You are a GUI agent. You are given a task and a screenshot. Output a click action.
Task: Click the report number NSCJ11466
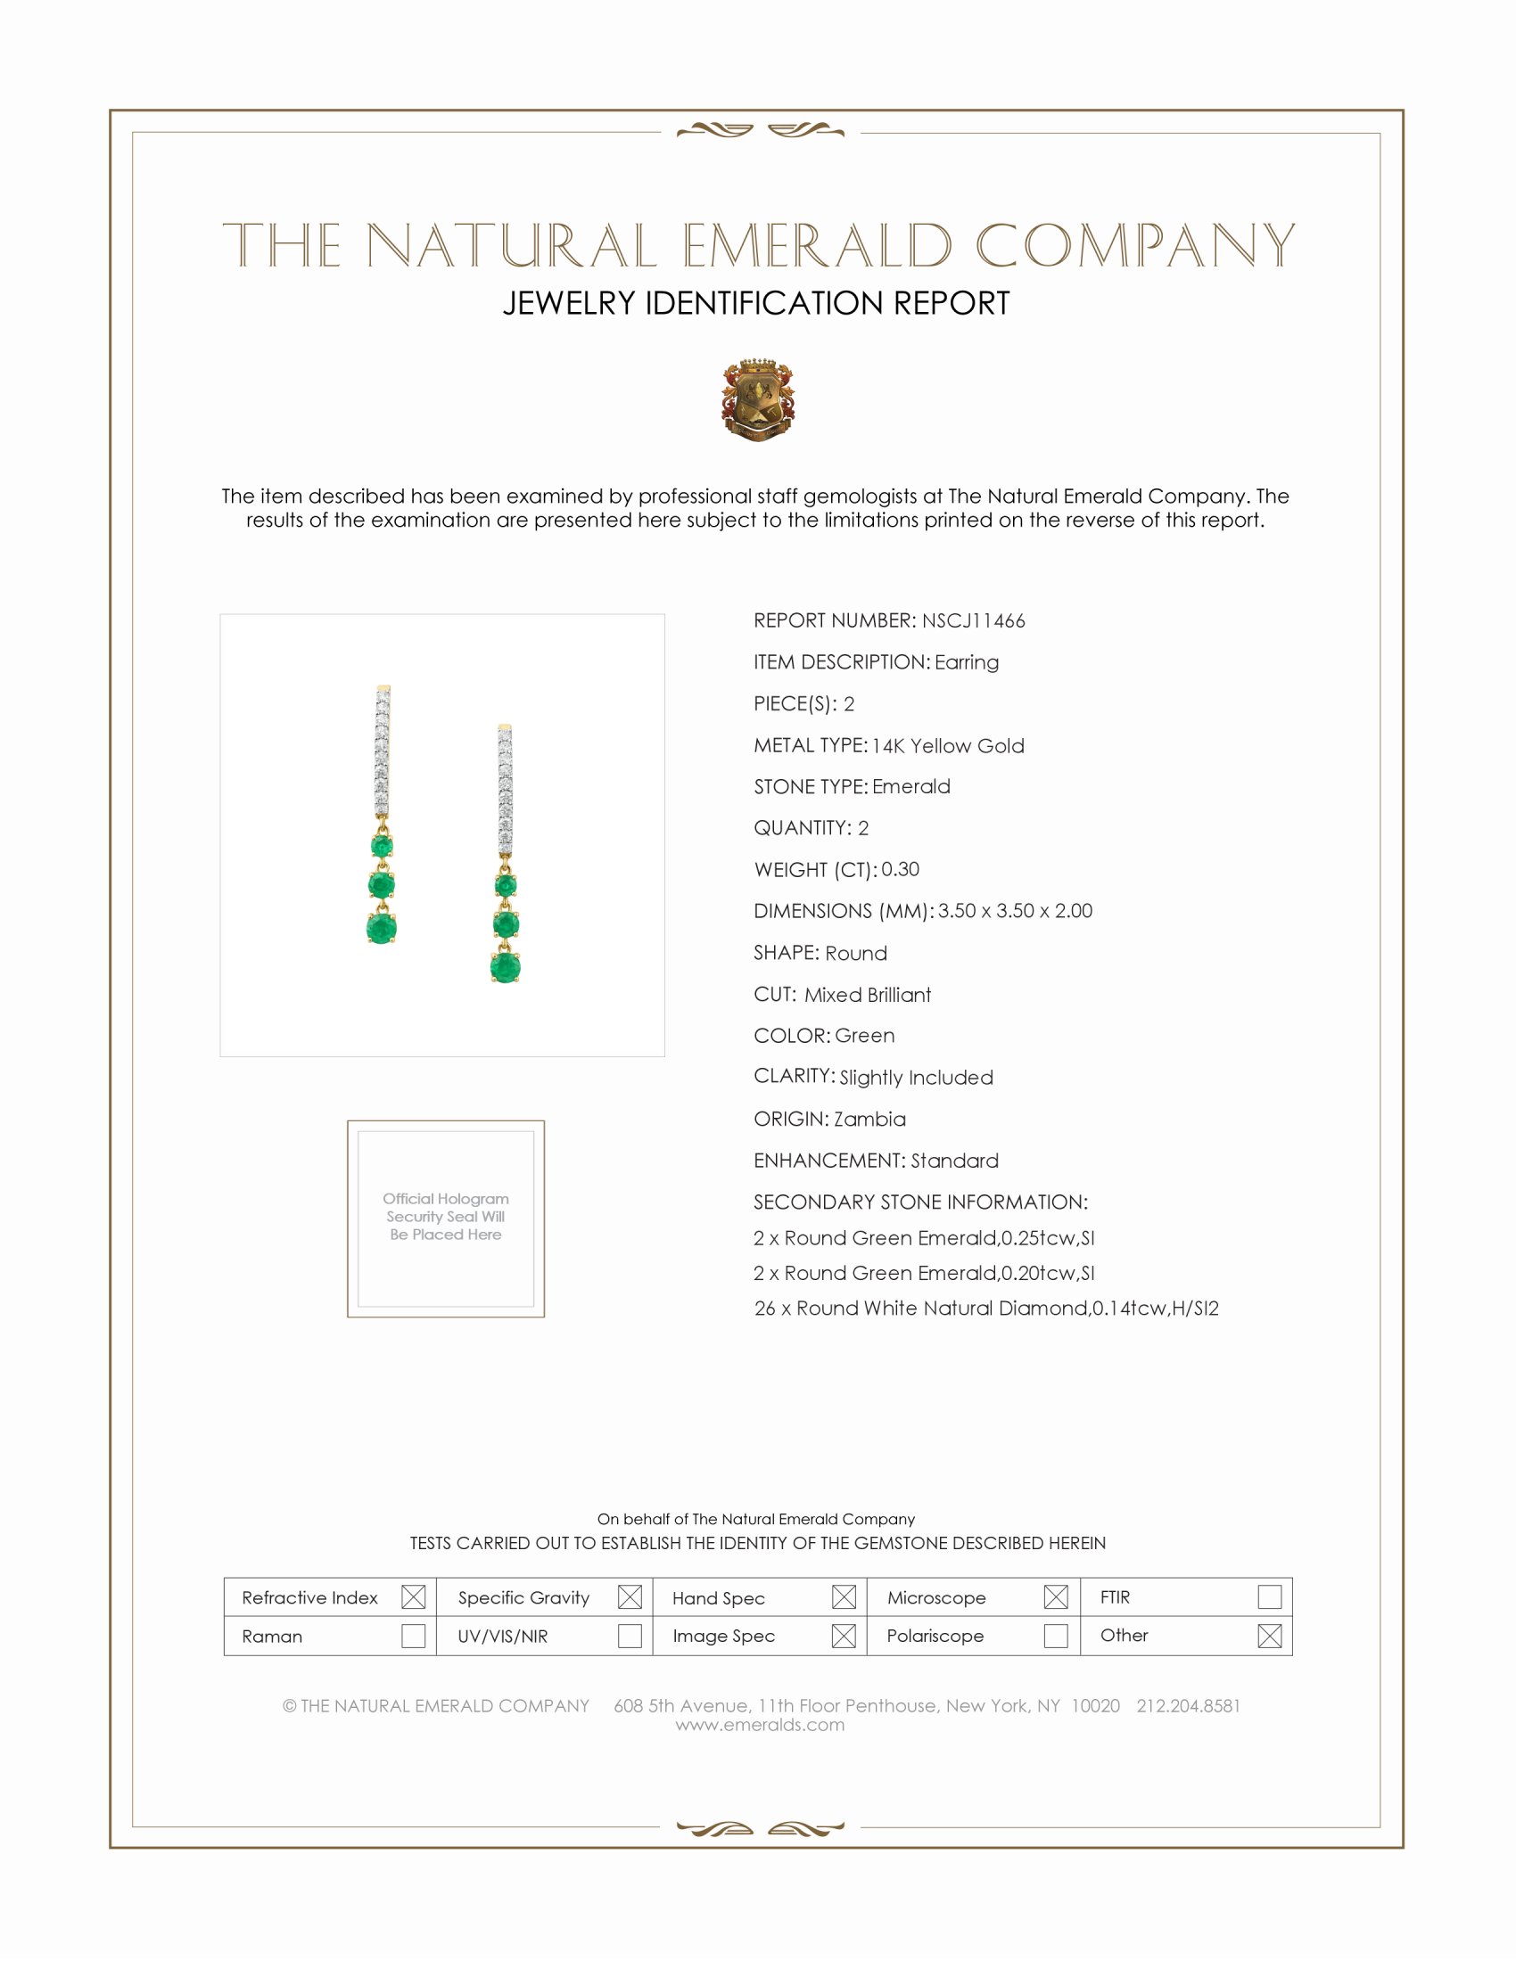[973, 621]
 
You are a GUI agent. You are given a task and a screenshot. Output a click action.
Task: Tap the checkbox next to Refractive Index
[413, 1597]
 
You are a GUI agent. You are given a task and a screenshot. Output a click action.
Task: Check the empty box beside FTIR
[1269, 1597]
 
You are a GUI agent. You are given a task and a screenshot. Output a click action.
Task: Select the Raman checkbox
[413, 1636]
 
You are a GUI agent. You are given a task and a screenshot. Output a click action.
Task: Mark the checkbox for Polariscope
[1056, 1636]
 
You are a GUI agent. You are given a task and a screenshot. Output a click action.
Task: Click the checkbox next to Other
[1269, 1636]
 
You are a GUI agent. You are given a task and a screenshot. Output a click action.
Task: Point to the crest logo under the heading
[758, 399]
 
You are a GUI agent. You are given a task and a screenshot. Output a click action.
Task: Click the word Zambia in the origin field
[869, 1120]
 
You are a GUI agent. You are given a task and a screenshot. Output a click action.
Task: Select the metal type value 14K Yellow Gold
[947, 746]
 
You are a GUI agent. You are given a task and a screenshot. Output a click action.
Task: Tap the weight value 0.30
[900, 869]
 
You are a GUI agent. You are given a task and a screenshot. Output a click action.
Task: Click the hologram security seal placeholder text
[446, 1217]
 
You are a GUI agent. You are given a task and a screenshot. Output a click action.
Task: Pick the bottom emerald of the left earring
[382, 928]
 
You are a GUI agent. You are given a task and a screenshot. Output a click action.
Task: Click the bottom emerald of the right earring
[506, 967]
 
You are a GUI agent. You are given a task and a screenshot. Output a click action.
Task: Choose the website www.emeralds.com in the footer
[760, 1725]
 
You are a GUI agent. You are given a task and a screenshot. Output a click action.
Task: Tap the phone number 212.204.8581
[1187, 1706]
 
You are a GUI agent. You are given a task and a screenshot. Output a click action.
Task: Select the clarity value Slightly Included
[916, 1078]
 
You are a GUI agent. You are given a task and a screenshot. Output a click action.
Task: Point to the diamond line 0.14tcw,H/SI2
[986, 1309]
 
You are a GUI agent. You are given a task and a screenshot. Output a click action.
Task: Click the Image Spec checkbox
[844, 1636]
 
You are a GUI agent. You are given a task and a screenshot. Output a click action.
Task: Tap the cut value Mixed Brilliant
[868, 995]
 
